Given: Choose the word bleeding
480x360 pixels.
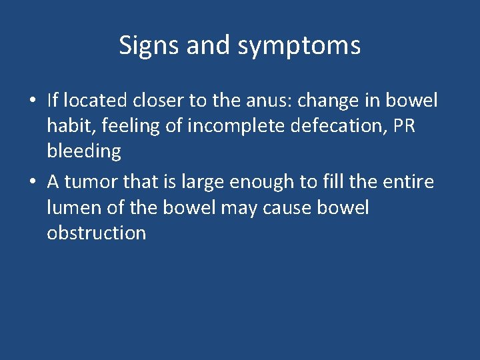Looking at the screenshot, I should [x=84, y=152].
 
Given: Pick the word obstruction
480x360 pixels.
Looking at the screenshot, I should [x=97, y=233].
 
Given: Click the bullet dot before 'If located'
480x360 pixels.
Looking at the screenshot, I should [x=33, y=101].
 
